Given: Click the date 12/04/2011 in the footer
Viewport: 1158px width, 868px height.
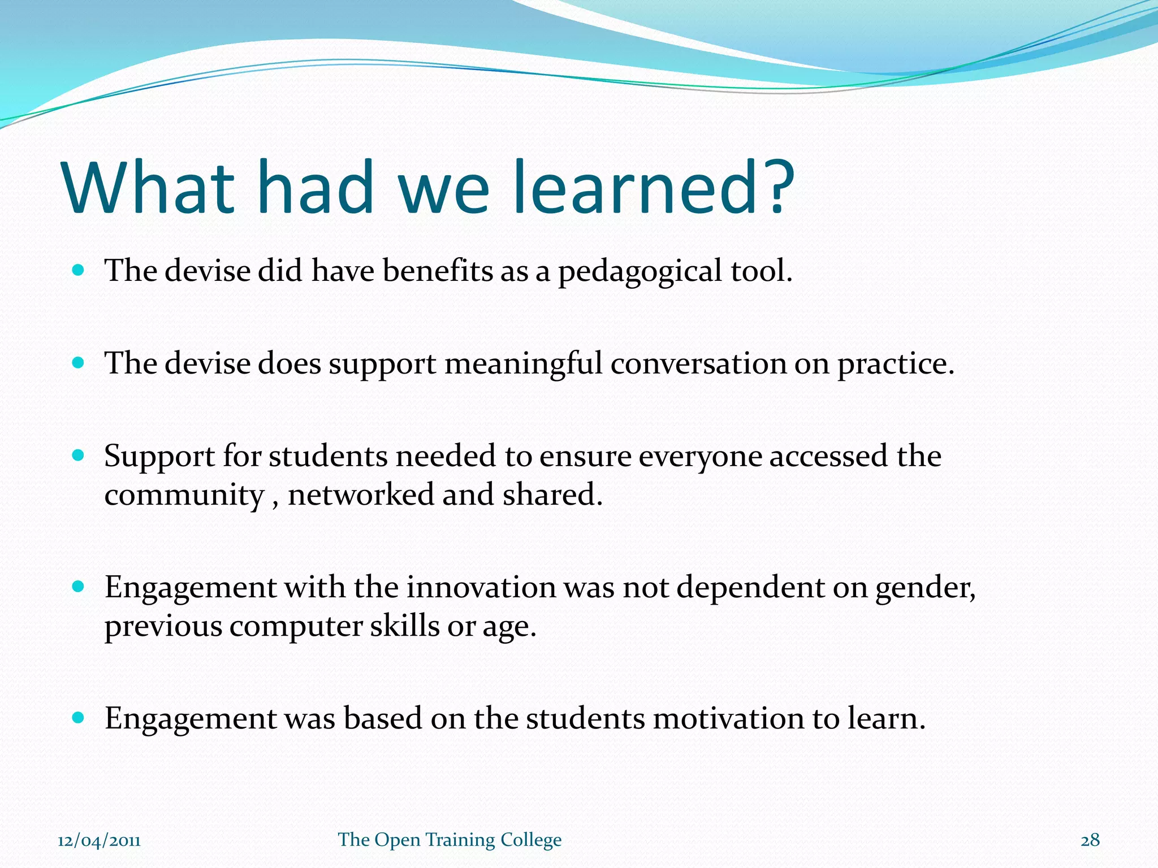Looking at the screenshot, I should pyautogui.click(x=99, y=840).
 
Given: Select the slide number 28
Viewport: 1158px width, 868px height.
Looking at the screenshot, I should pyautogui.click(x=1090, y=840).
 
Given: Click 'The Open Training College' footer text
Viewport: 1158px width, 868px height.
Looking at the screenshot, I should pyautogui.click(x=450, y=840).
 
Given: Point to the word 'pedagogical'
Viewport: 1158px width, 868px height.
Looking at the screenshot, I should pyautogui.click(x=640, y=271).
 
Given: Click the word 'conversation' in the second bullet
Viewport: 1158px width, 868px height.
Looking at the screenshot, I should pyautogui.click(x=698, y=363).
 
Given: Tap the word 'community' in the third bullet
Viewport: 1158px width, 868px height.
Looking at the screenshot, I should pyautogui.click(x=184, y=496).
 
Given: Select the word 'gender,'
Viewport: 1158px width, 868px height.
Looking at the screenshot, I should pyautogui.click(x=926, y=588).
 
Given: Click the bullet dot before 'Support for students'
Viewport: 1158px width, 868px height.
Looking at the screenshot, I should pyautogui.click(x=79, y=455).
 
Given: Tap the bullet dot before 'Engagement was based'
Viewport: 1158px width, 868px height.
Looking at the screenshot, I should pyautogui.click(x=79, y=718).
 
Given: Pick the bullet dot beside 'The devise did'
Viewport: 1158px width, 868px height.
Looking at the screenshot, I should pyautogui.click(x=79, y=270).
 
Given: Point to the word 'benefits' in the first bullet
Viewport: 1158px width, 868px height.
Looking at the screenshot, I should pyautogui.click(x=438, y=271).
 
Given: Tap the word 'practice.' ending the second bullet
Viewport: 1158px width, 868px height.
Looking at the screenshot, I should pyautogui.click(x=896, y=364).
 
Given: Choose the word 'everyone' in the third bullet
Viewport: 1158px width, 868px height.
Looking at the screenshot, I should pyautogui.click(x=700, y=457).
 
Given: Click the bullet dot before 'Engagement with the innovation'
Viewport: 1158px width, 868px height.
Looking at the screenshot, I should pyautogui.click(x=79, y=587).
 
